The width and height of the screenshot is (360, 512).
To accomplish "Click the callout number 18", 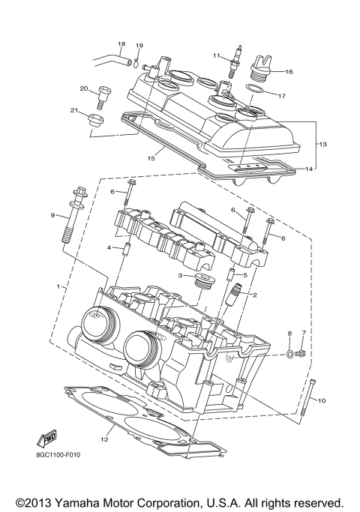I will [x=121, y=43].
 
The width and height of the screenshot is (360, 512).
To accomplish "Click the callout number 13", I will [x=323, y=143].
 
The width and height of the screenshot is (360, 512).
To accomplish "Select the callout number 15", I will [x=151, y=159].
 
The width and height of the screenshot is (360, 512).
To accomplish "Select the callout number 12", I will [x=104, y=439].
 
